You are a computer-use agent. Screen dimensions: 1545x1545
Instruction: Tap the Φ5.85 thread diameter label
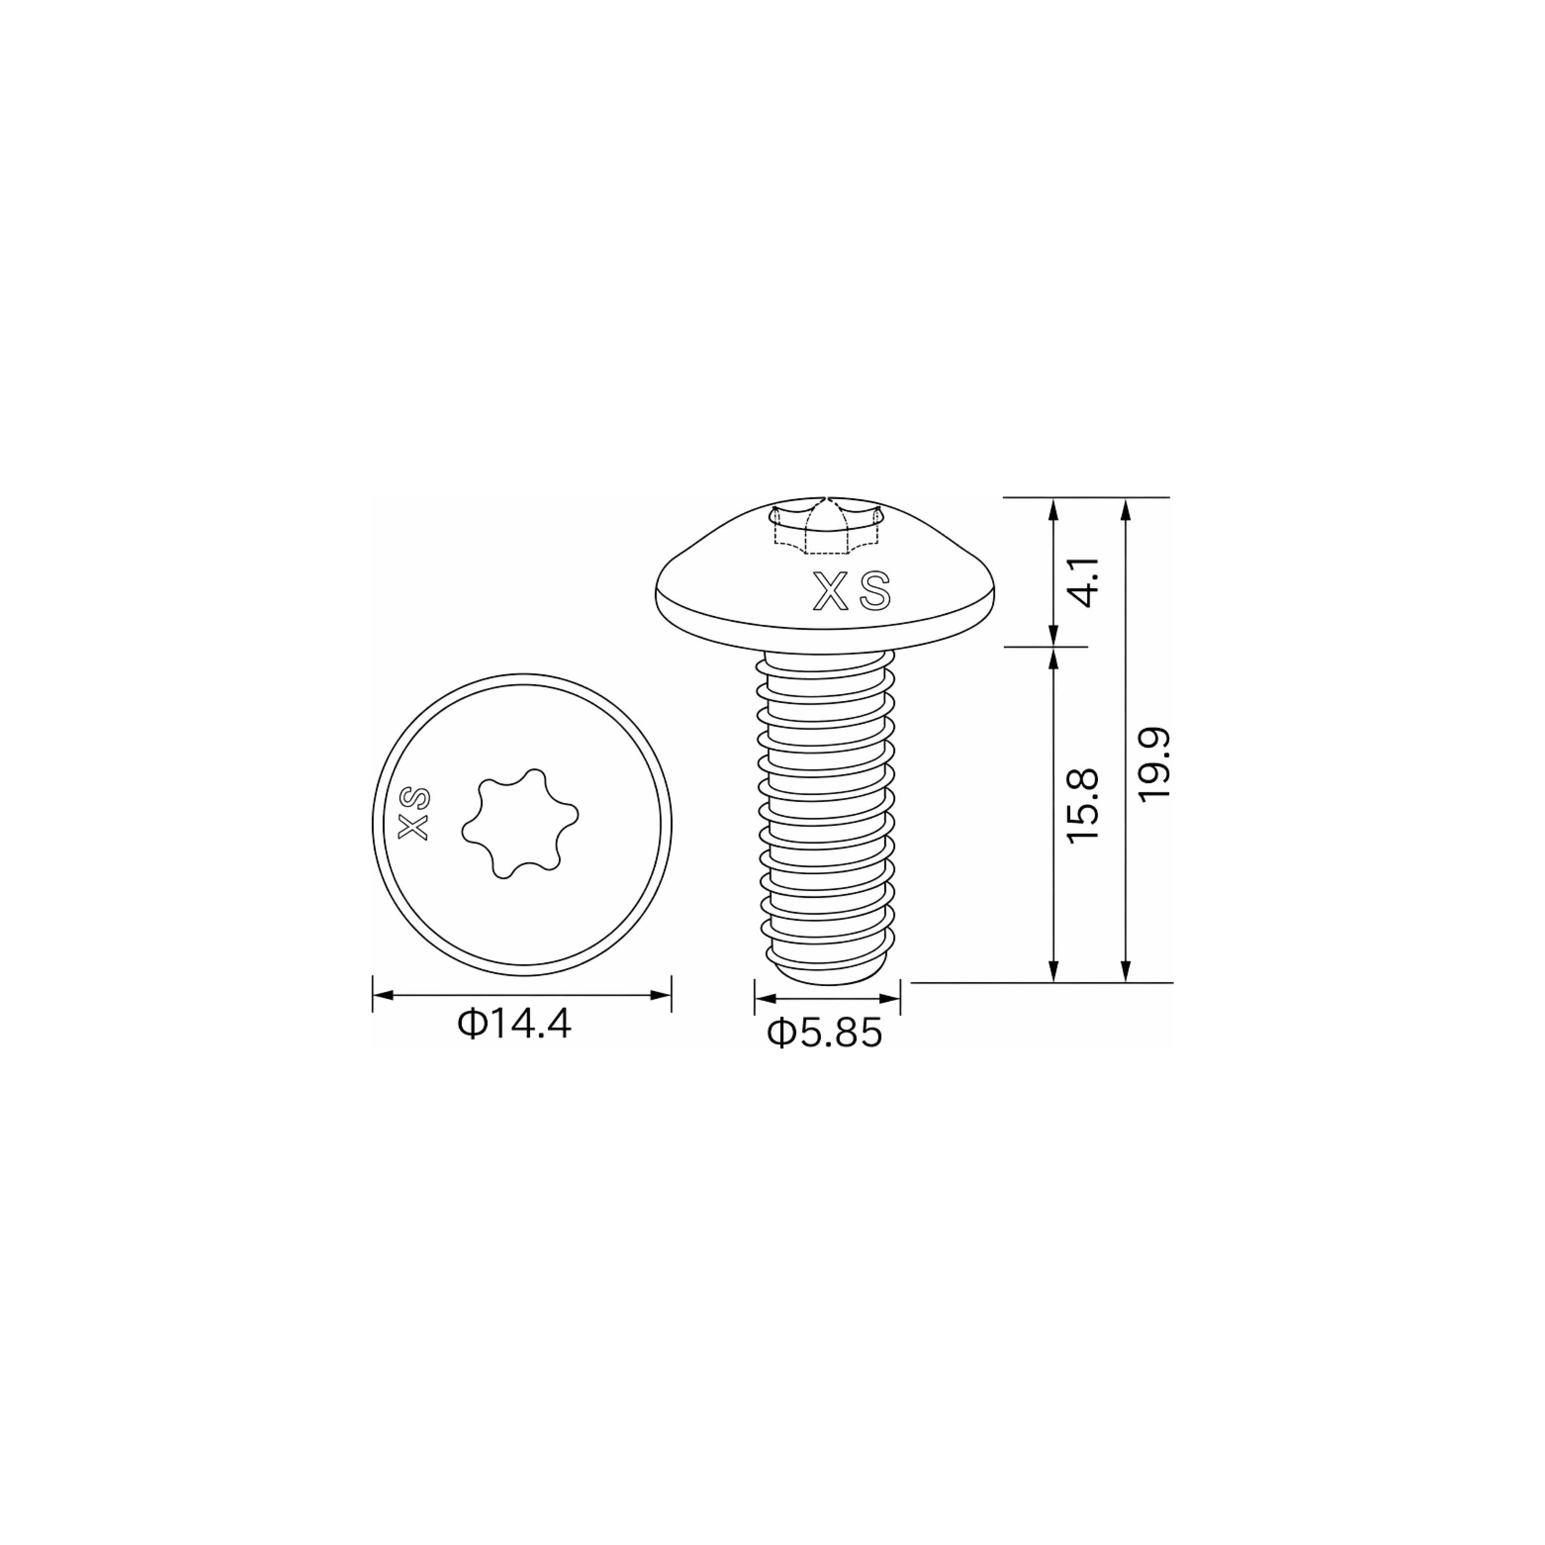pos(824,1033)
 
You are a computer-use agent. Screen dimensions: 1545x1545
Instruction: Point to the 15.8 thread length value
pos(1083,805)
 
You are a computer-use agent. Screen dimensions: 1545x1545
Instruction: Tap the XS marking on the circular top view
pos(414,813)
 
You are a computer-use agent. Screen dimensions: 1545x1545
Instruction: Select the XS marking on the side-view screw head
pos(851,591)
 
